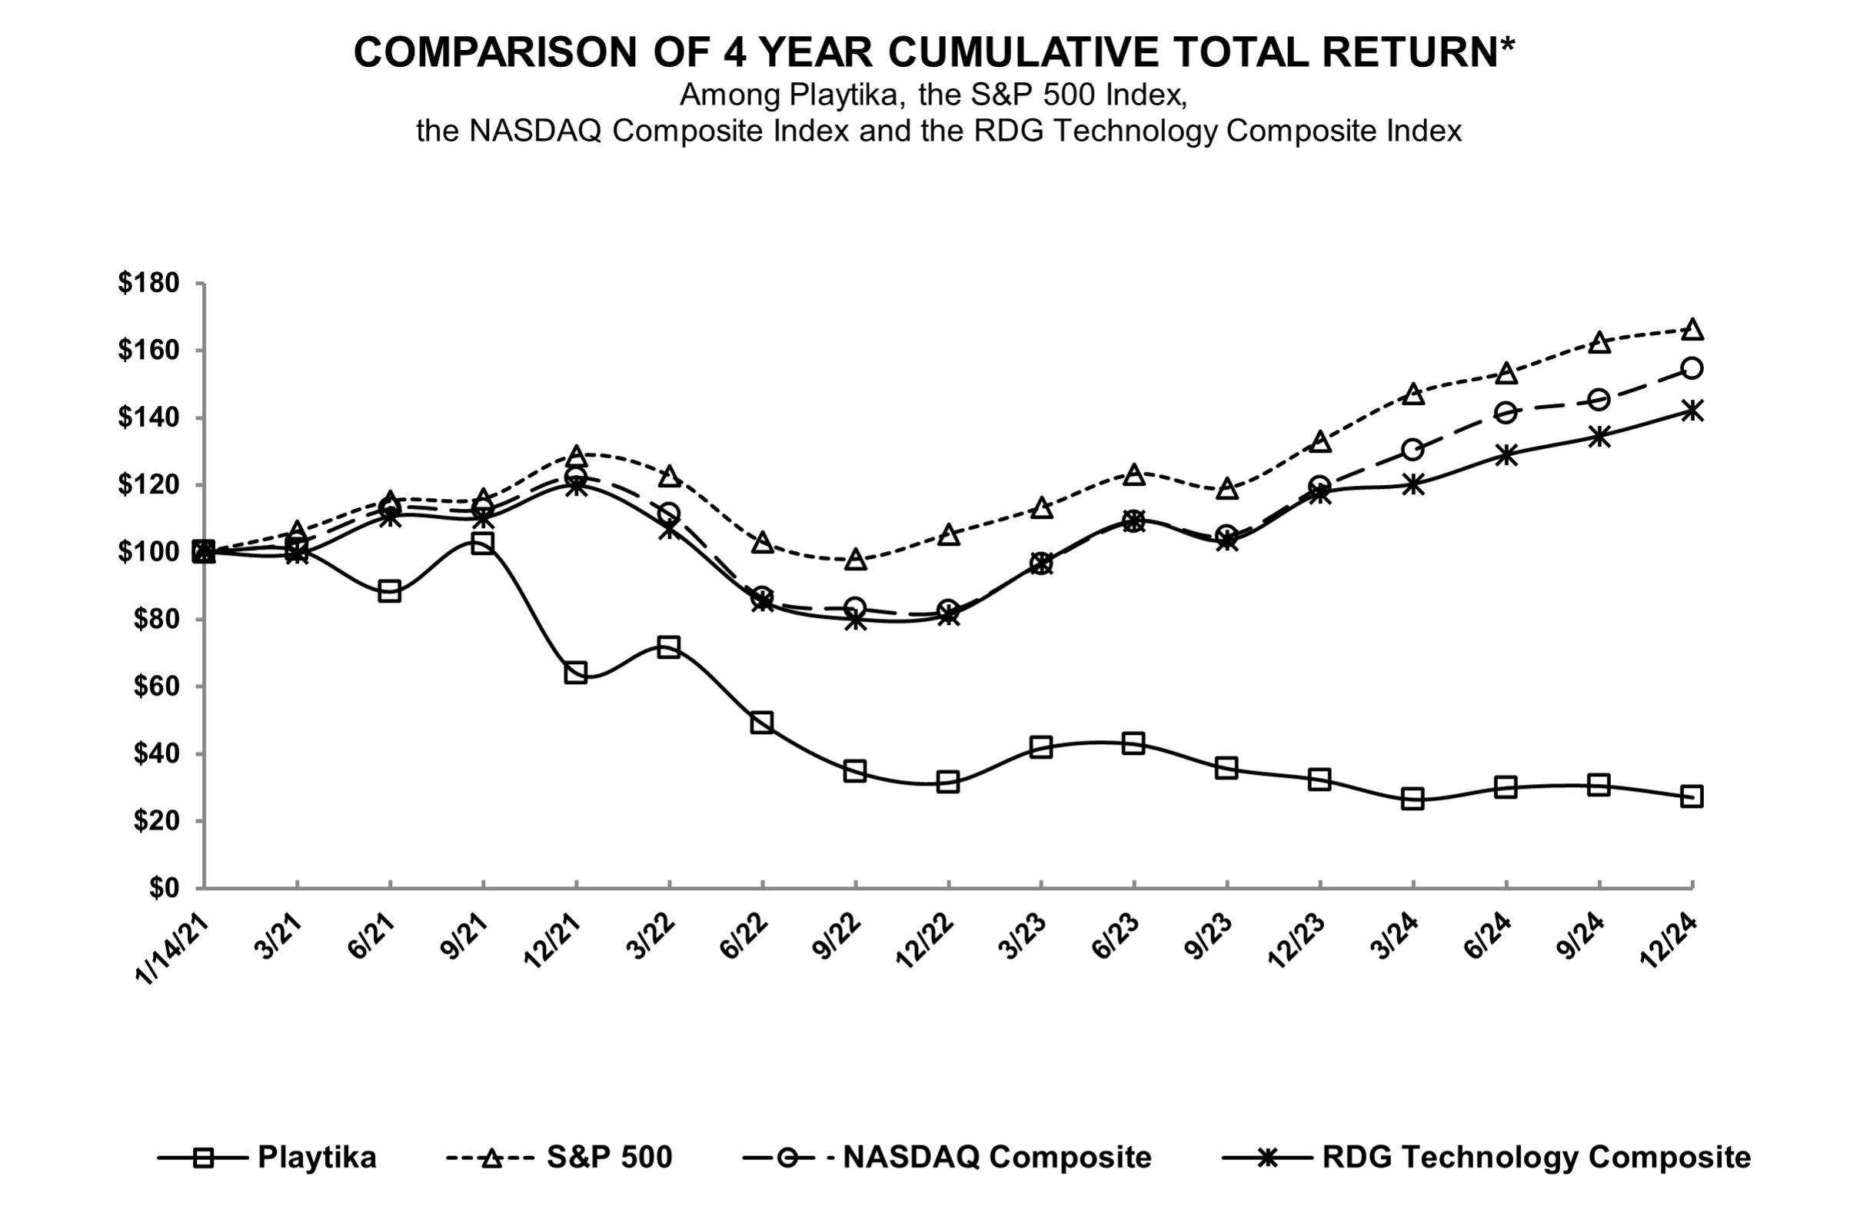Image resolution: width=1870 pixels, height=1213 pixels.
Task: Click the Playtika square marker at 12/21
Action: click(x=575, y=673)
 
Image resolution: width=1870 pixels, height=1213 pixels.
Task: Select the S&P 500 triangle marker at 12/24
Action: click(x=1692, y=330)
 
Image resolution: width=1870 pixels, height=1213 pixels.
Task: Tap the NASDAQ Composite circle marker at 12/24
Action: click(x=1692, y=367)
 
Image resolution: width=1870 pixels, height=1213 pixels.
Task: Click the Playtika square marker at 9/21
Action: click(x=482, y=543)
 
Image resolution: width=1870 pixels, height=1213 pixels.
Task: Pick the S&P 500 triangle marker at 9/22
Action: click(x=855, y=560)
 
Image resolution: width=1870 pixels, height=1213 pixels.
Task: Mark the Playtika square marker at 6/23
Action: click(x=1133, y=743)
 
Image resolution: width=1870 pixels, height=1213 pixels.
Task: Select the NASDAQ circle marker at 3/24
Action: click(x=1412, y=450)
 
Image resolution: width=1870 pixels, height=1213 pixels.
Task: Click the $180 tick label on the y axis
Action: click(x=148, y=283)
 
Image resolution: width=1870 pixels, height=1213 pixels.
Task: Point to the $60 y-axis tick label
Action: click(x=154, y=687)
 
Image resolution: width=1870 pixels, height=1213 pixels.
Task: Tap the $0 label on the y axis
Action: click(x=165, y=889)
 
